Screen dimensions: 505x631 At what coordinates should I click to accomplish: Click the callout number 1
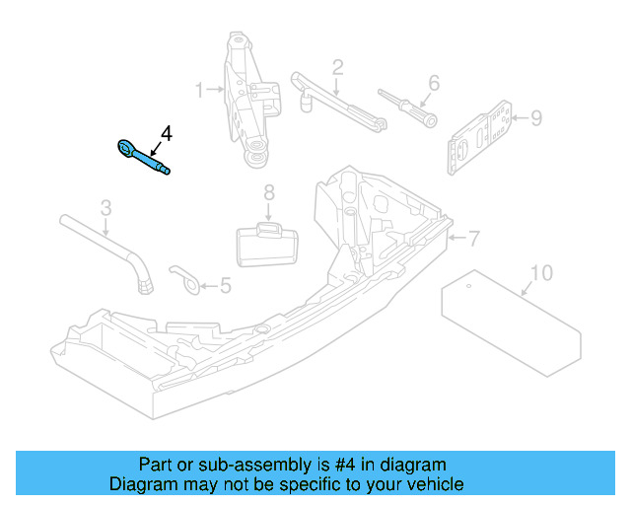click(x=199, y=90)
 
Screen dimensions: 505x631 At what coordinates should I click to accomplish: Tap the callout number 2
click(x=337, y=68)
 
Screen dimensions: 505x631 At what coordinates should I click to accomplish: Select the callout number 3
click(x=106, y=208)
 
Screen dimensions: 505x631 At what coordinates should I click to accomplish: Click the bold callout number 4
click(x=167, y=132)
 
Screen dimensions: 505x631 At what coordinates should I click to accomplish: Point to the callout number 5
click(x=225, y=286)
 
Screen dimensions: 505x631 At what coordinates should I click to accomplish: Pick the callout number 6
click(x=433, y=83)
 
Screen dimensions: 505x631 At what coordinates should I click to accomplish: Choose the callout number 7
click(x=473, y=238)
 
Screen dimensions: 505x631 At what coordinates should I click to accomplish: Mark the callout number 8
click(x=268, y=193)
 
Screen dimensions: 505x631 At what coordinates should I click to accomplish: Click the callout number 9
click(x=535, y=118)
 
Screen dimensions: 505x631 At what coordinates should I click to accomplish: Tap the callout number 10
click(x=542, y=272)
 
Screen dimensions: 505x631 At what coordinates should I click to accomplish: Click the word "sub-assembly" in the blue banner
click(x=235, y=465)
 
